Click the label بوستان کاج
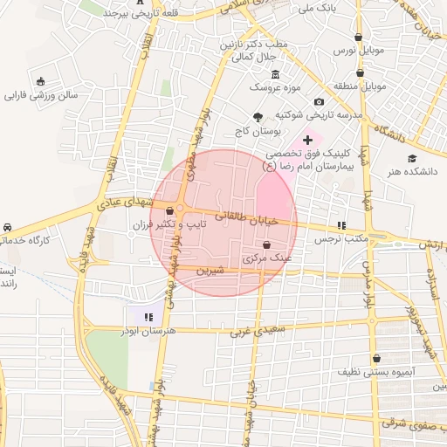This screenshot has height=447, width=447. [281, 130]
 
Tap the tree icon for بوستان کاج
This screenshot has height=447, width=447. [258, 117]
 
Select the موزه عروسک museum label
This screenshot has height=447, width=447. [274, 88]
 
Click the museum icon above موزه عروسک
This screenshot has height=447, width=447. [276, 73]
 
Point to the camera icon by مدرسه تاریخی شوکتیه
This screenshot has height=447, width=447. [320, 102]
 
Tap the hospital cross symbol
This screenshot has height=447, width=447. [307, 140]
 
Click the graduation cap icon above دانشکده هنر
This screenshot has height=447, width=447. [411, 158]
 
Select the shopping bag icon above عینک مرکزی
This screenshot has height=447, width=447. [266, 245]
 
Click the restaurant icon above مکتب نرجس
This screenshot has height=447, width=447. [341, 224]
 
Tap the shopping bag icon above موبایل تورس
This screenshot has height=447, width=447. [359, 37]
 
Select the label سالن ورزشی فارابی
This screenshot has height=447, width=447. [42, 94]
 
